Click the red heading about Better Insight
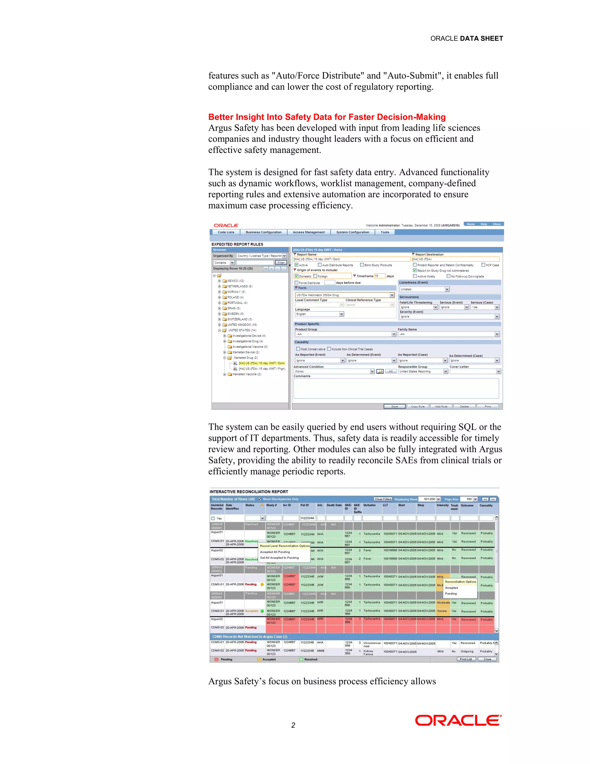pos(327,117)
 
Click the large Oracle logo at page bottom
pos(458,721)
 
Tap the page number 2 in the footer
pos(293,725)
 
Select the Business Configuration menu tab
pos(263,232)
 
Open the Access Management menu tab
pos(309,232)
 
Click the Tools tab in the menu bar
pos(385,232)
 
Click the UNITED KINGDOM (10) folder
pos(242,325)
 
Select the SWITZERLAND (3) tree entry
pos(239,319)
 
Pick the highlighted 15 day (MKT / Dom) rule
pos(262,363)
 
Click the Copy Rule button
pos(418,407)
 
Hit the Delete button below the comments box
pos(464,407)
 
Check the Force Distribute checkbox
pos(296,283)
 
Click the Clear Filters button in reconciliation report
pos(383,499)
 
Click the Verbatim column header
pos(369,505)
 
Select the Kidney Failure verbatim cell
pos(368,652)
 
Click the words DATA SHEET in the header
pos(481,38)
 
